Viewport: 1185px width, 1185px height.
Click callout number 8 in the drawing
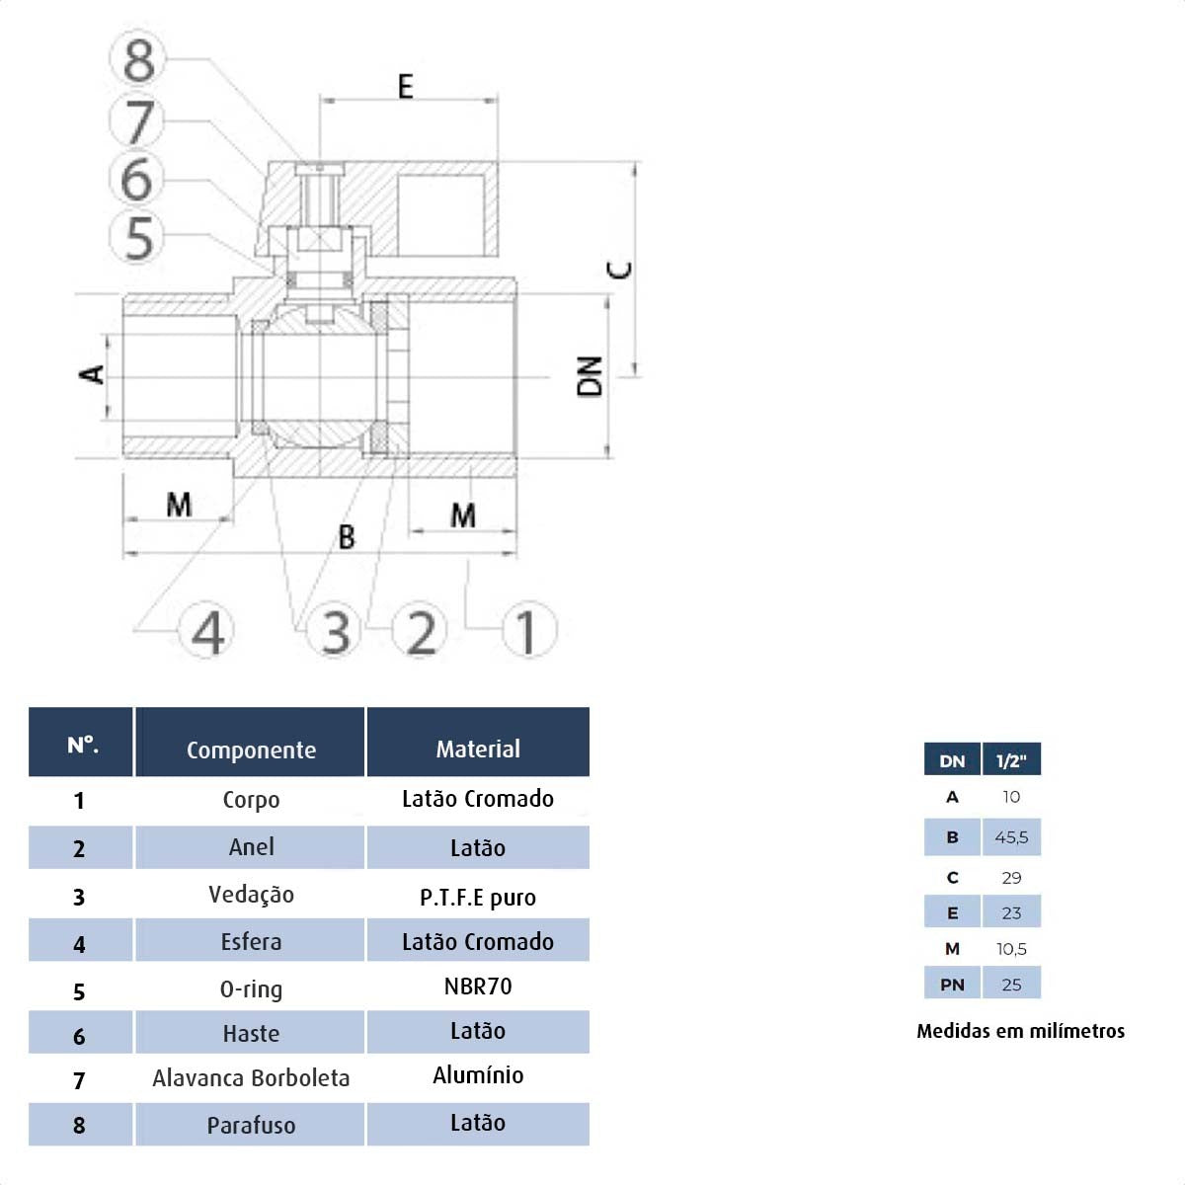[138, 59]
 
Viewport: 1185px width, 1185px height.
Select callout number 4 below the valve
[206, 630]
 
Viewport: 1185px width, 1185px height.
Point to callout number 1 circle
[529, 630]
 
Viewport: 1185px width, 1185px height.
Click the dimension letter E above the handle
[405, 86]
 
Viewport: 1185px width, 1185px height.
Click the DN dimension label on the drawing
[590, 376]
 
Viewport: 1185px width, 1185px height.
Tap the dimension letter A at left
[92, 374]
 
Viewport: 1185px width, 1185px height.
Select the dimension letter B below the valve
[347, 537]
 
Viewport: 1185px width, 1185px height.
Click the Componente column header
[251, 750]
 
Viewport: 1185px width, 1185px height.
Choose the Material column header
[478, 749]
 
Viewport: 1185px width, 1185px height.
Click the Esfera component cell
[251, 941]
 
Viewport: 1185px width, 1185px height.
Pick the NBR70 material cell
[478, 987]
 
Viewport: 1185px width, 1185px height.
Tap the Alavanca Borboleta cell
[251, 1078]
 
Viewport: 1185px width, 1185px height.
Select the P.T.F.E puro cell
[478, 898]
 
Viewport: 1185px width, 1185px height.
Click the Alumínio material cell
[478, 1075]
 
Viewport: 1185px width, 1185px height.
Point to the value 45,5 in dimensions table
[1011, 837]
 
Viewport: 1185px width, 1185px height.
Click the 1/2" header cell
[1011, 761]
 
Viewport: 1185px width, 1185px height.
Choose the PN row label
[952, 985]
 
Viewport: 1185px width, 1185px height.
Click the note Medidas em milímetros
[1020, 1031]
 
